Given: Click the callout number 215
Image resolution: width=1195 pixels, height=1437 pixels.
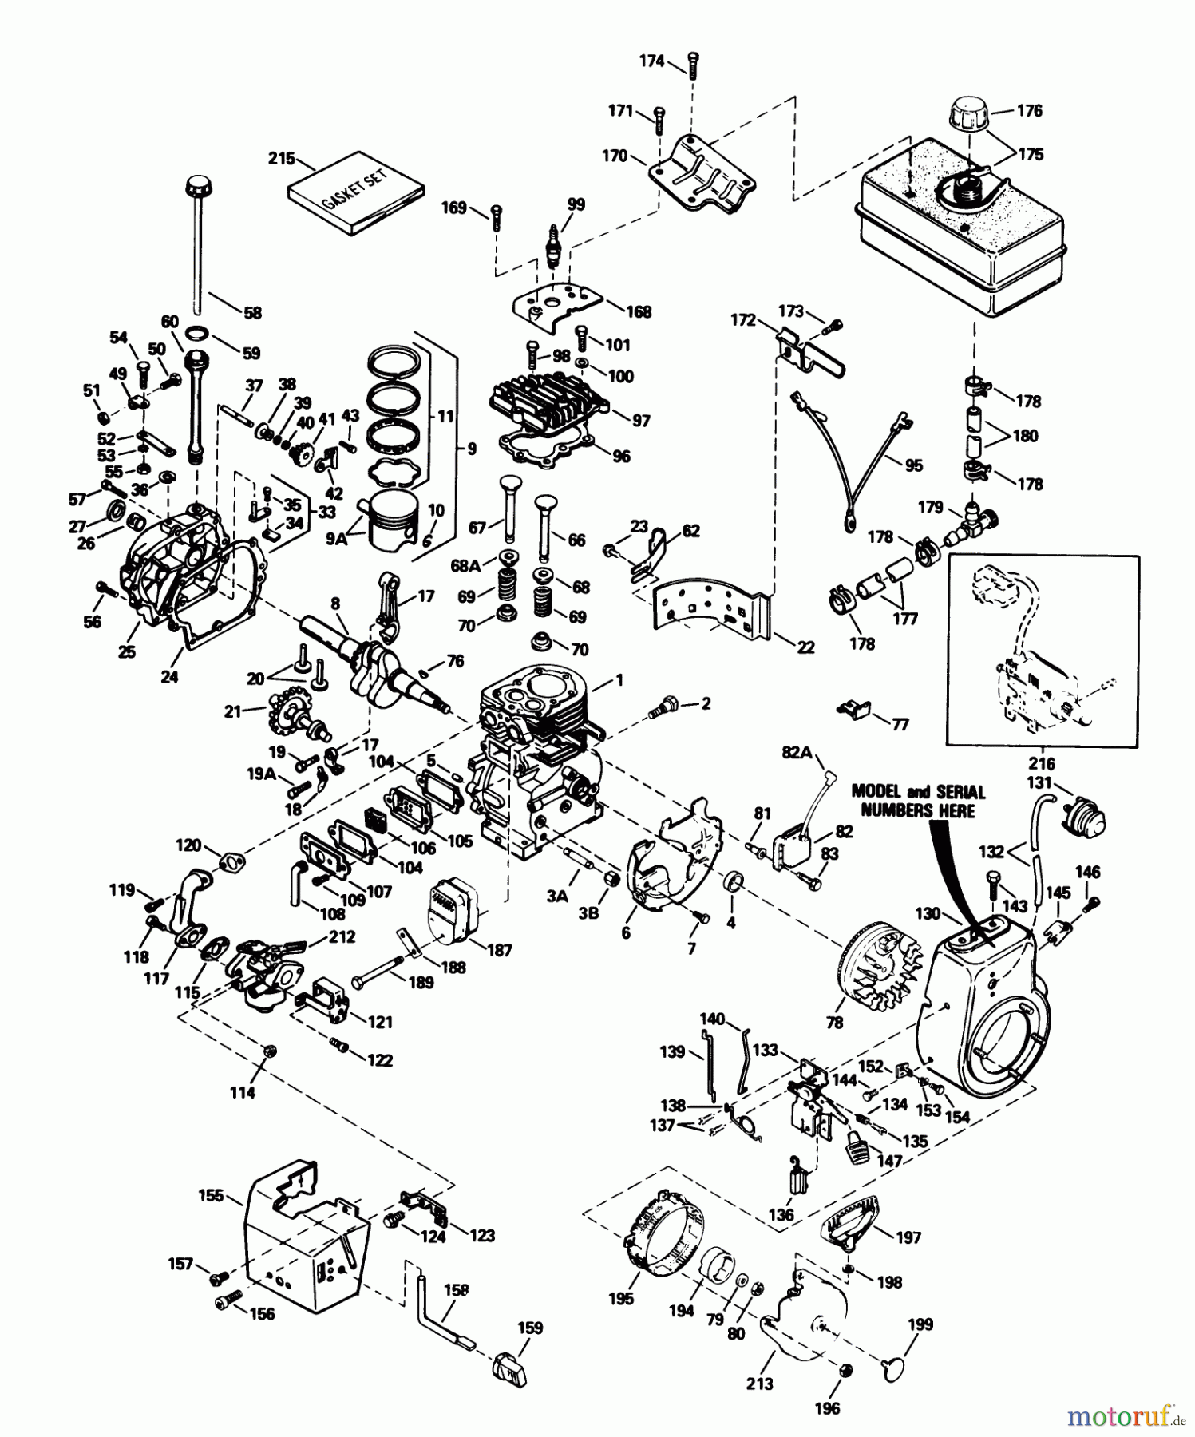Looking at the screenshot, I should tap(281, 158).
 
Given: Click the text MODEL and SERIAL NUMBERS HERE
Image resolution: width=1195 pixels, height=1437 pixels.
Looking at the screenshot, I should tap(918, 801).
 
